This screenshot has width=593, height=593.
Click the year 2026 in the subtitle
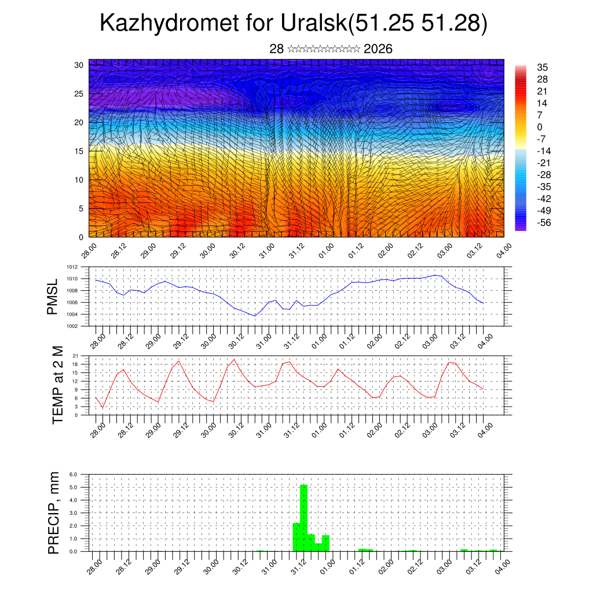pos(378,49)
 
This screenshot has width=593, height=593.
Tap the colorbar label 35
pos(543,67)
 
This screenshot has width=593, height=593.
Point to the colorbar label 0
pos(540,127)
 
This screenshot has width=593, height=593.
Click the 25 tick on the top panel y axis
pos(79,93)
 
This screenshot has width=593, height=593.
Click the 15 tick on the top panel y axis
pos(79,151)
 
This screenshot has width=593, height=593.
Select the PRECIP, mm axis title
pos(54,513)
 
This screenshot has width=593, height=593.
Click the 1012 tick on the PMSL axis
pos(72,268)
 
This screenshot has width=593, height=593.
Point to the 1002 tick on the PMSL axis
pos(72,326)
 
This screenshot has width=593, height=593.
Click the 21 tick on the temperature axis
pos(75,356)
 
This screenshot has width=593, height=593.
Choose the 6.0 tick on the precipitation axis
pos(74,474)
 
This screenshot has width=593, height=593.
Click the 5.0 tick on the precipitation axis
pos(74,487)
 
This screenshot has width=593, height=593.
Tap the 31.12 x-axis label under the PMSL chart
pos(291,341)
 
